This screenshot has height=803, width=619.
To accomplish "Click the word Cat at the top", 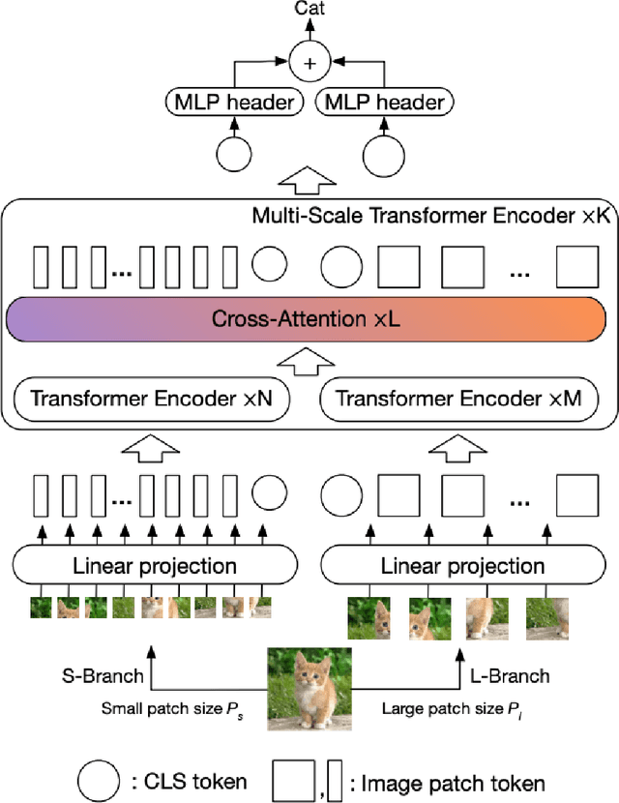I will click(x=309, y=10).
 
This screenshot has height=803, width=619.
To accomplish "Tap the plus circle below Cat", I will click(x=309, y=63).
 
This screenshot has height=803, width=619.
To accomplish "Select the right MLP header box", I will click(x=385, y=103).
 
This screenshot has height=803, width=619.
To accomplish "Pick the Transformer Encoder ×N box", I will click(x=151, y=398).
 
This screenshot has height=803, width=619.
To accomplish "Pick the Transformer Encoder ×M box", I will click(x=458, y=398).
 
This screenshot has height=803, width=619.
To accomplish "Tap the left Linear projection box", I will click(x=154, y=565).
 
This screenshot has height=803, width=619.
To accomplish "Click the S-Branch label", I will click(x=101, y=675).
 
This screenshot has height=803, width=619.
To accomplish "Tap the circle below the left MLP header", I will click(x=232, y=154).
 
